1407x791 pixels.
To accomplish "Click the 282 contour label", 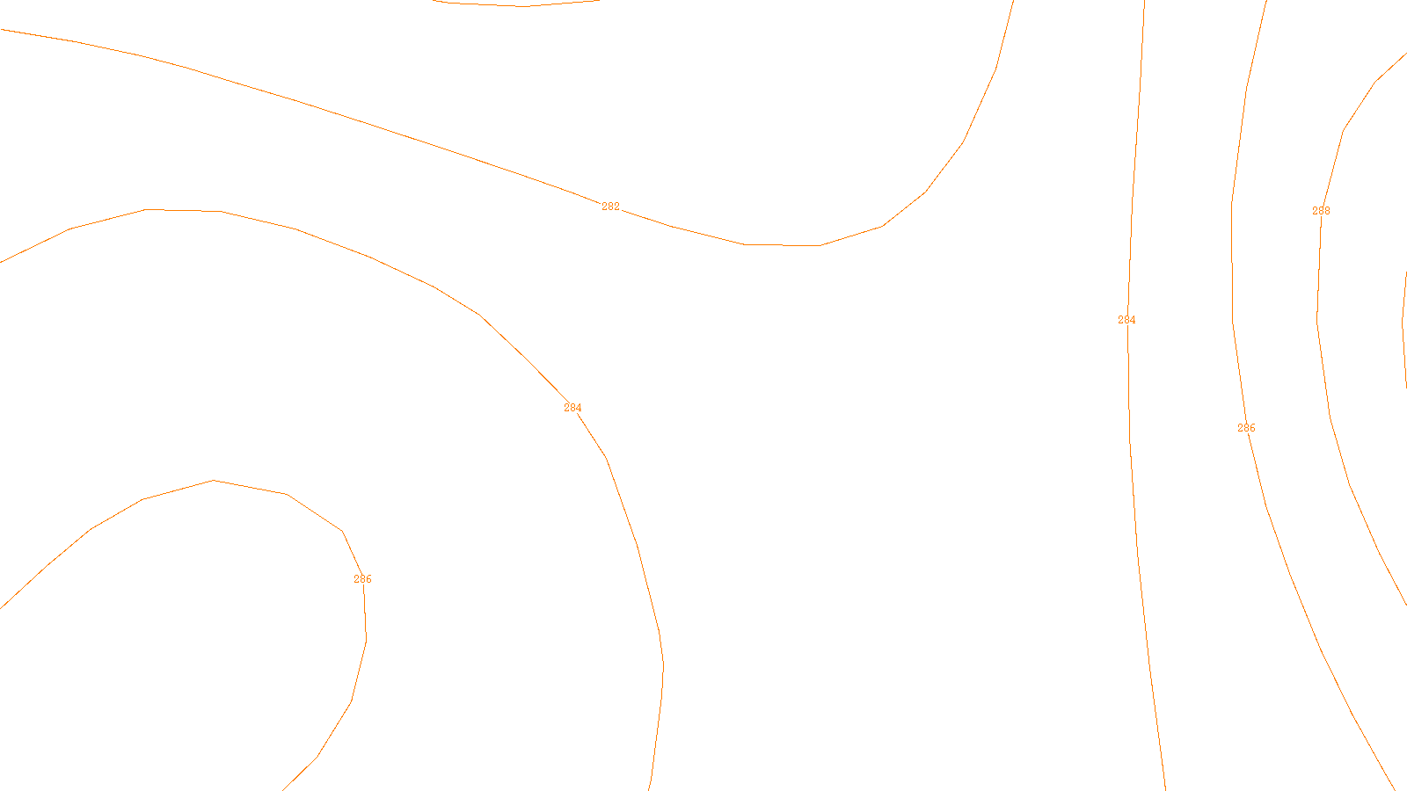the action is coord(610,207).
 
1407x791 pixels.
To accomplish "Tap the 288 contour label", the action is coord(1321,211).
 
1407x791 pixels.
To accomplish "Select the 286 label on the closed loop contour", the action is coord(362,579).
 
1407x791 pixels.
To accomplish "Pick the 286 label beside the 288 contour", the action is coord(1246,428).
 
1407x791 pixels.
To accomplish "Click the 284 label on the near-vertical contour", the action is coord(1126,320).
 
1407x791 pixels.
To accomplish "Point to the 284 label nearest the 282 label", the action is coord(572,408).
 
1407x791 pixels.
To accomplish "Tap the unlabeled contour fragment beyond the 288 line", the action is coord(1403,325).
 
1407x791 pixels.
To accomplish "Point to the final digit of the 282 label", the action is coord(616,207).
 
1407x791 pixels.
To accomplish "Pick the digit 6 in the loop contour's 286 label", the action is coord(368,579).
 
